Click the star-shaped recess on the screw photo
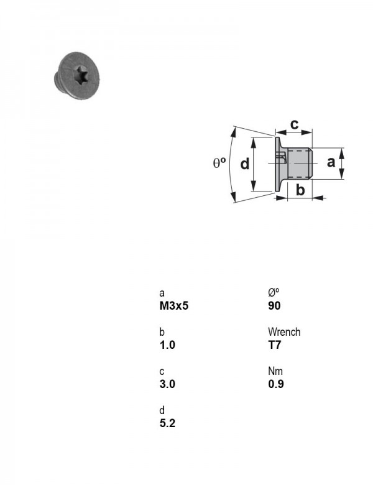coord(82,75)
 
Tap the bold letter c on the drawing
coord(295,124)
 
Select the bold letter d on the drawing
coord(245,164)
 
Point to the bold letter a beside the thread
coord(331,162)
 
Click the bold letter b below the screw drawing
coord(300,190)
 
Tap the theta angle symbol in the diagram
coord(219,163)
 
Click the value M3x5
coord(174,305)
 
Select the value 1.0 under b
coord(167,344)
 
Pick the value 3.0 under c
coord(167,384)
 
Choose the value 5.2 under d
coord(167,423)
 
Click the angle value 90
coord(274,305)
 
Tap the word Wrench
coord(284,332)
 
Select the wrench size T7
coord(274,344)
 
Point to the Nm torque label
coord(275,371)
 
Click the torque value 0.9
coord(276,384)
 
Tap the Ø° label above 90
coord(274,292)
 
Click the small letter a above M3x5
coord(162,293)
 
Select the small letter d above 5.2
coord(162,410)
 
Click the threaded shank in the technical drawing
coord(300,164)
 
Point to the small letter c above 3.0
coord(162,371)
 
